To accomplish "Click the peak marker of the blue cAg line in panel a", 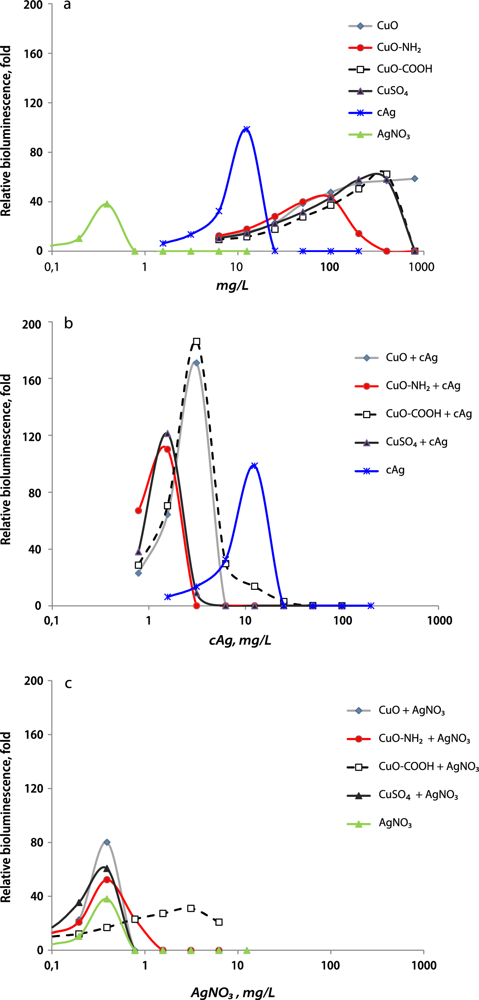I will point(246,129).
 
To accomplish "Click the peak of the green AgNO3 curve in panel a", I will point(107,204).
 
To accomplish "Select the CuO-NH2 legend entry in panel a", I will point(399,47).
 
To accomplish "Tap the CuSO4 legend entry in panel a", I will point(392,91).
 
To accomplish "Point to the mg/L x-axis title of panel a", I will point(232,286).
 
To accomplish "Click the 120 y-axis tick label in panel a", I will point(33,103).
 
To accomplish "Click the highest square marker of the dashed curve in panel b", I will point(197,342).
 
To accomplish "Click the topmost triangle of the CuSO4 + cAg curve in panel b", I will point(167,433).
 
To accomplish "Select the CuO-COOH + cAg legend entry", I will point(428,414).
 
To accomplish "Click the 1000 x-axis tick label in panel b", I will point(439,620).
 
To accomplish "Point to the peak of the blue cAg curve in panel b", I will point(255,466).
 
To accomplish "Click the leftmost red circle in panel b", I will point(139,511).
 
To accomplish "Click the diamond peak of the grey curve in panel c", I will point(107,842).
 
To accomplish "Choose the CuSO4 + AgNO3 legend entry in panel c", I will point(418,795).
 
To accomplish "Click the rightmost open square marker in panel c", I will point(219,922).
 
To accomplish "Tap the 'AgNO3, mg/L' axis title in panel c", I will point(233,993).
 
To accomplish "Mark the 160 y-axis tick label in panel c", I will point(33,735).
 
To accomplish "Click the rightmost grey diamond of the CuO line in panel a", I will point(415,179).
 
